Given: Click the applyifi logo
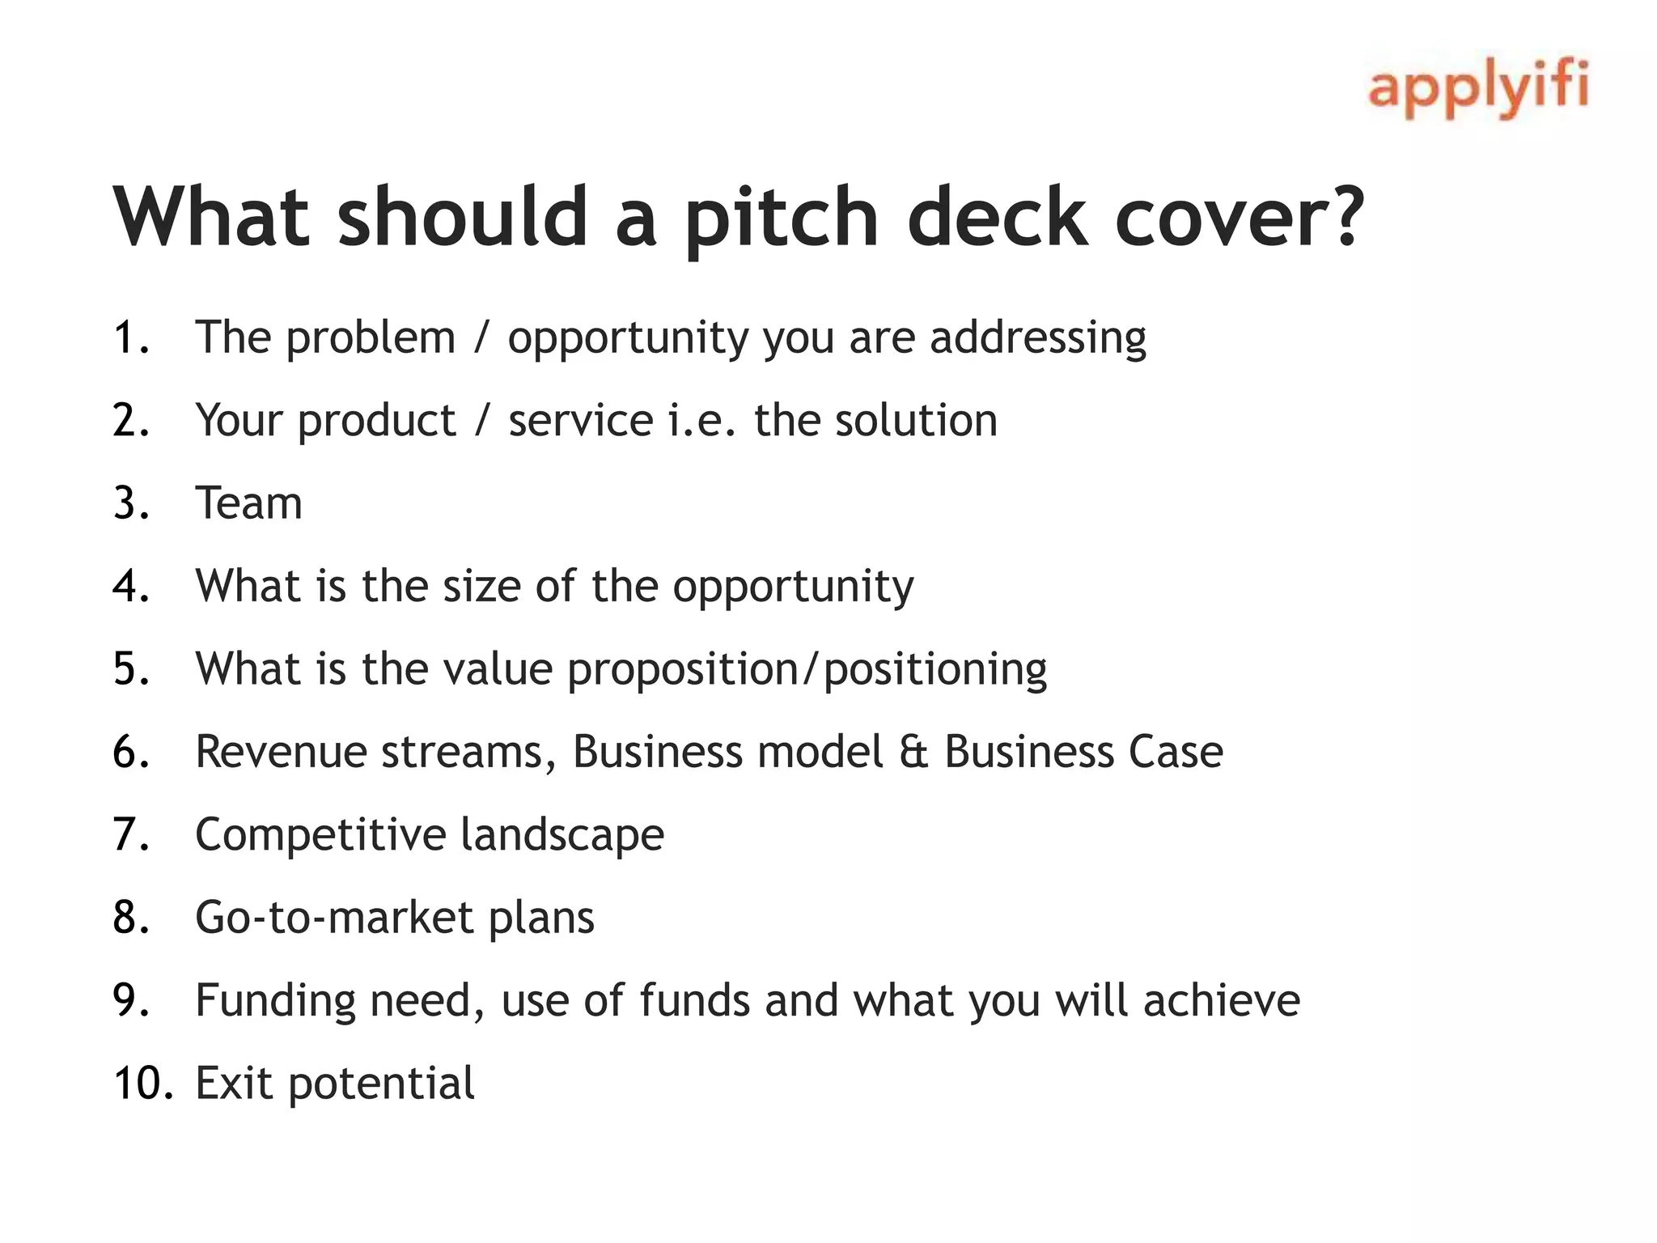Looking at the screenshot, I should pyautogui.click(x=1477, y=89).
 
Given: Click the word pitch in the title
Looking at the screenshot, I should pyautogui.click(x=782, y=217).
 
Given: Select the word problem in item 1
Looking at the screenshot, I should pyautogui.click(x=371, y=338).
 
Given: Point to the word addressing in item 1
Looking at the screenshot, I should pyautogui.click(x=1037, y=338).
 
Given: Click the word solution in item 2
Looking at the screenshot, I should pyautogui.click(x=916, y=421).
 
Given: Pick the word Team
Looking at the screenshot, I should pyautogui.click(x=249, y=503).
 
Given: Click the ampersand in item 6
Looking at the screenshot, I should pyautogui.click(x=913, y=752).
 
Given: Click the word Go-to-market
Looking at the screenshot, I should pyautogui.click(x=333, y=918).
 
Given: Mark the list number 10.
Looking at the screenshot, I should pyautogui.click(x=142, y=1083).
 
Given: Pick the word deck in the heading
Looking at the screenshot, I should pyautogui.click(x=997, y=217).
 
